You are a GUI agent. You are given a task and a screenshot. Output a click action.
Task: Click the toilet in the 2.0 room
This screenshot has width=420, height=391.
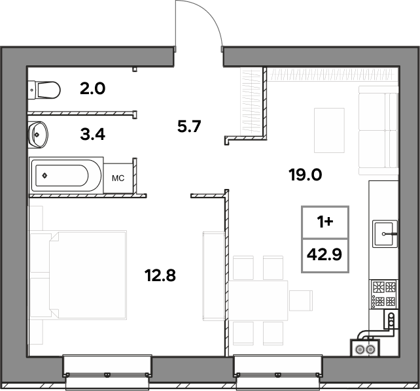coord(44,90)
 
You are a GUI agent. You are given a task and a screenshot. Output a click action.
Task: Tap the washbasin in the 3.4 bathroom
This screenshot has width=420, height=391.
coord(38,134)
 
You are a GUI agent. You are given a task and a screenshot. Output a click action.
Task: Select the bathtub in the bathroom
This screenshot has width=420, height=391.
coord(66,176)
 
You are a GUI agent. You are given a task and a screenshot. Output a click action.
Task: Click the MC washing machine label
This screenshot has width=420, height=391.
coord(118,178)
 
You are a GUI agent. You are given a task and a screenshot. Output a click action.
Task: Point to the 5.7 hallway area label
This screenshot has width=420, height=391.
coord(189,126)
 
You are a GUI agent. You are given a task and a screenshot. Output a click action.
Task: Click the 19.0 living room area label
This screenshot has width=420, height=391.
coord(306,175)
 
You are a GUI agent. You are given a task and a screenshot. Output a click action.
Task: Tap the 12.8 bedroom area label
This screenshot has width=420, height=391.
coord(160,275)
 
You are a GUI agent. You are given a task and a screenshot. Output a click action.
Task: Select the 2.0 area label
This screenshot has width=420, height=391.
coord(93,88)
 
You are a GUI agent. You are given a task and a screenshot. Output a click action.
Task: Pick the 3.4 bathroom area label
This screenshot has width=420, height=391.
coord(93,134)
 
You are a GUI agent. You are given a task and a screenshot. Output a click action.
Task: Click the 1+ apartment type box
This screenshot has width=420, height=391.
coord(325,222)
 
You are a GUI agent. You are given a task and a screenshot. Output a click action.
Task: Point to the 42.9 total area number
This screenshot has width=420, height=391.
coord(324,254)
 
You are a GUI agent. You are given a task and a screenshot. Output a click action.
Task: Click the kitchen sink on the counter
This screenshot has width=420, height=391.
coord(385,233)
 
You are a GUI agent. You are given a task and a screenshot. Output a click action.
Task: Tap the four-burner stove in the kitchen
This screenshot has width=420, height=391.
coord(383,294)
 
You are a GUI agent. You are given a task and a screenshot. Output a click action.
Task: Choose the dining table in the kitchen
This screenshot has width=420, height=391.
coord(258,301)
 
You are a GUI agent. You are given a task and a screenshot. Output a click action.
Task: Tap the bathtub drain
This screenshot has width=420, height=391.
coord(44,176)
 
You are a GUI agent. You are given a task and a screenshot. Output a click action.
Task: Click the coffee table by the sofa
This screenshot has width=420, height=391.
coord(329,130)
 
